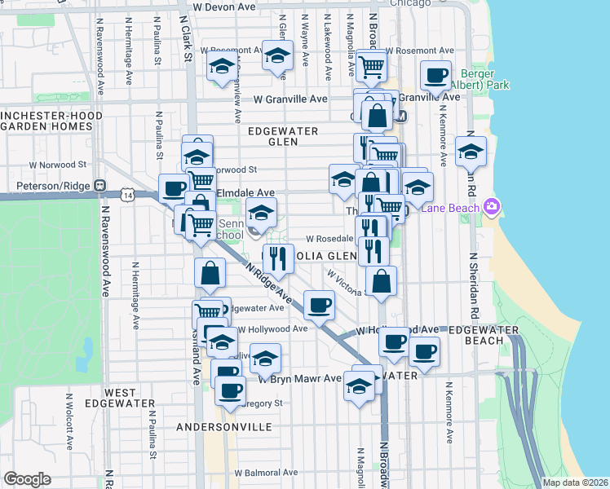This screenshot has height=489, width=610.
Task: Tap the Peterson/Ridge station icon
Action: (100, 184)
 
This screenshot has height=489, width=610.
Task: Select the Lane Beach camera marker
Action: (490, 207)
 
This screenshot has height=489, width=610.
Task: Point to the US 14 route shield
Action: (126, 194)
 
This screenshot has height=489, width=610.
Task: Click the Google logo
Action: (27, 479)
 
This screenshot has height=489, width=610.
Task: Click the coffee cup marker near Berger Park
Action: (435, 75)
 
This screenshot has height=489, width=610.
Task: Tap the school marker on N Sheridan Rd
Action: (471, 150)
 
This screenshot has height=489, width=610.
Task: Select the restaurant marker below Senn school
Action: (278, 258)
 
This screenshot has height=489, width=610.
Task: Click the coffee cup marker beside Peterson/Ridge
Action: (174, 189)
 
